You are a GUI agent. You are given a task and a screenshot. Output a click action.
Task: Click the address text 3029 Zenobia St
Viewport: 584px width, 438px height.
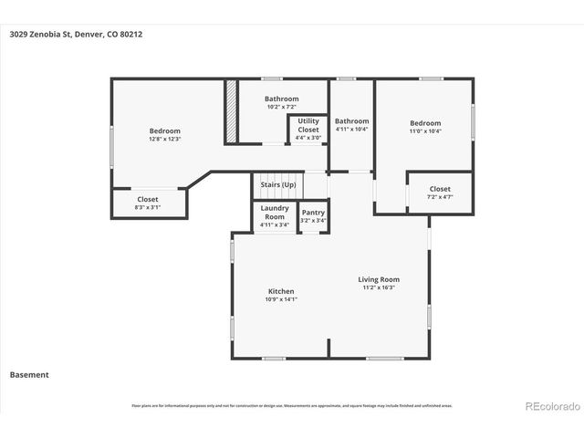point(75,35)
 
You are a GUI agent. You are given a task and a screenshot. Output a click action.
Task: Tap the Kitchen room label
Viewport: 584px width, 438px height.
point(280,291)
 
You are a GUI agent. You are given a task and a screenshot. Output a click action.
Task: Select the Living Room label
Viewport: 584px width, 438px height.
point(378,279)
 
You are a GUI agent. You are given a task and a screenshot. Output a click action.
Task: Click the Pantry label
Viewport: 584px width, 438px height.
point(313,213)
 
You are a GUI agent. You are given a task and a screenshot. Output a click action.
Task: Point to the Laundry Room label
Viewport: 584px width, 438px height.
point(275,212)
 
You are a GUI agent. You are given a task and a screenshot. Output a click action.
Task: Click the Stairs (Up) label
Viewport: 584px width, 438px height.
point(277,185)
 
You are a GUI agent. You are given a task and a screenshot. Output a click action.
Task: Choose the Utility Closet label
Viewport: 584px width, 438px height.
point(308,125)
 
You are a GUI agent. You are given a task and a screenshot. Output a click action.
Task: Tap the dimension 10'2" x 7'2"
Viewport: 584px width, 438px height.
point(281,108)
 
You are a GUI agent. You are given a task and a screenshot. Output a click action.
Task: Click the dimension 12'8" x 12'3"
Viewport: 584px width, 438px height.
point(165,139)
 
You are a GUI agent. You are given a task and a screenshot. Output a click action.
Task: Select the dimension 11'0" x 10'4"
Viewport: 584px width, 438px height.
point(424,131)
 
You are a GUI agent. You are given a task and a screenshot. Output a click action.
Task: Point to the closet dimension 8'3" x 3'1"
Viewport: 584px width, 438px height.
point(148,207)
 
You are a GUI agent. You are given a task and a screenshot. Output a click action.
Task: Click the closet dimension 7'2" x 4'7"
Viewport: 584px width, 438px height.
point(440,197)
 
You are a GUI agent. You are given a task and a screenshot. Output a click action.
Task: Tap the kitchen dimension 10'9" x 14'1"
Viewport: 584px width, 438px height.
point(280,299)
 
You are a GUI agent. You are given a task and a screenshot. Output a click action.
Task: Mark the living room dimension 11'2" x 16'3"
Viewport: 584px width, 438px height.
point(378,287)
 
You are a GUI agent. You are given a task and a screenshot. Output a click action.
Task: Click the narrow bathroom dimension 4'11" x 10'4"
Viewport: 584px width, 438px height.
point(351,129)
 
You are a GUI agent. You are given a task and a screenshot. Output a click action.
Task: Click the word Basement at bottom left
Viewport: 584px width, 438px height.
point(29,374)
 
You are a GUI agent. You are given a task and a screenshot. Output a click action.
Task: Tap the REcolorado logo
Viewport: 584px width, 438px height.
point(551,405)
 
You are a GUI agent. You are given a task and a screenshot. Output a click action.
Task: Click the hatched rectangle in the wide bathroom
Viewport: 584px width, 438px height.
point(232,112)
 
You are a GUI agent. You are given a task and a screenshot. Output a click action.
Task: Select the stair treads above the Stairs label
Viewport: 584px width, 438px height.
point(277,176)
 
